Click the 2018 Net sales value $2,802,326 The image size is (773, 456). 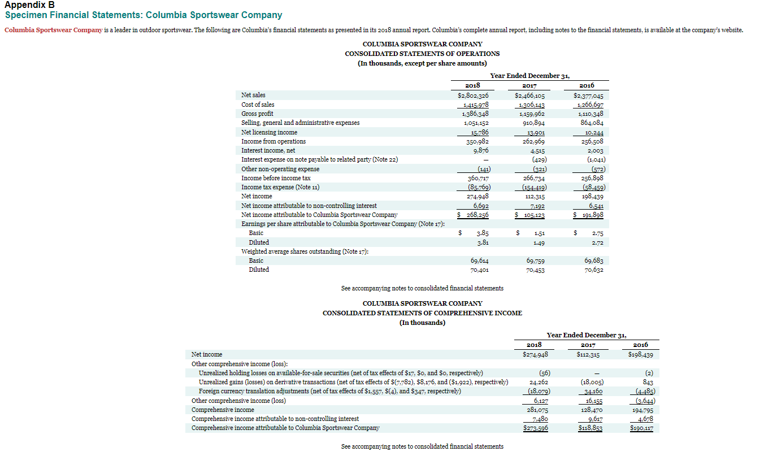472,95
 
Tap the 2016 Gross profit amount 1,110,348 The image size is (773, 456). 591,114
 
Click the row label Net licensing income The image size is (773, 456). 269,132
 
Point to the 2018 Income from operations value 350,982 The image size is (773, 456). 476,141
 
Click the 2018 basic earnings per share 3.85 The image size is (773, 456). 481,233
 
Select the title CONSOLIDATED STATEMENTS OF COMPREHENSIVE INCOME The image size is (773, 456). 422,313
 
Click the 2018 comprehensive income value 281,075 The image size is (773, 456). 538,410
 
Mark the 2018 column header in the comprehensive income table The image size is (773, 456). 533,345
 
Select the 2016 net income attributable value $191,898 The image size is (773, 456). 589,215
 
